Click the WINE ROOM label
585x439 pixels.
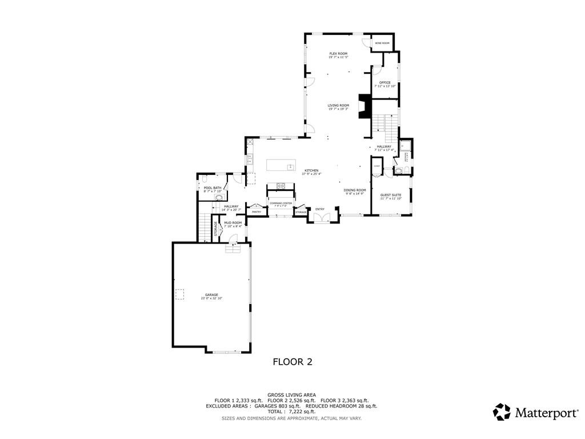pyautogui.click(x=382, y=43)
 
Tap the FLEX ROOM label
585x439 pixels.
pyautogui.click(x=338, y=54)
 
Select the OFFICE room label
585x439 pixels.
pyautogui.click(x=385, y=83)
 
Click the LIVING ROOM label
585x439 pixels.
pyautogui.click(x=338, y=105)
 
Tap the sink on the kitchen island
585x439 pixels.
pyautogui.click(x=290, y=166)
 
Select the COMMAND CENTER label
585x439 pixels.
pyautogui.click(x=281, y=203)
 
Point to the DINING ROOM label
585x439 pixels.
pyautogui.click(x=354, y=190)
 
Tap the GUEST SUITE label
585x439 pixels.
pyautogui.click(x=391, y=195)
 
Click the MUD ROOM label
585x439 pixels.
pyautogui.click(x=233, y=223)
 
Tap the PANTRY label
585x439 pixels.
pyautogui.click(x=257, y=212)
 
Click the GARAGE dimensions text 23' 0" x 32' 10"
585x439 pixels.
pyautogui.click(x=211, y=298)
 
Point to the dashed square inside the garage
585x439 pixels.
pyautogui.click(x=179, y=294)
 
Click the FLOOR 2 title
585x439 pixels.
pyautogui.click(x=292, y=361)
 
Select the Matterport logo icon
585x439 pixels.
pyautogui.click(x=502, y=412)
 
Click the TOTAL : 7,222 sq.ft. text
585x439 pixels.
pyautogui.click(x=292, y=412)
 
